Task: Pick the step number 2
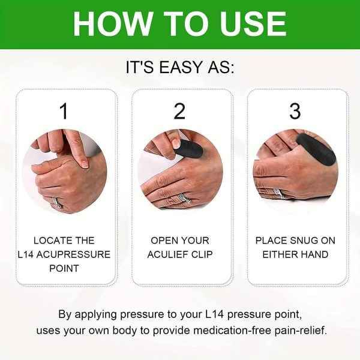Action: tap(180, 111)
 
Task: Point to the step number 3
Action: tap(295, 111)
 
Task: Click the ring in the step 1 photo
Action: tap(57, 202)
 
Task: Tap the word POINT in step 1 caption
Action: tap(64, 268)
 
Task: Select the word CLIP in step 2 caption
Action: tap(202, 254)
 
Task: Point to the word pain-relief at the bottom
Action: tap(300, 331)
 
